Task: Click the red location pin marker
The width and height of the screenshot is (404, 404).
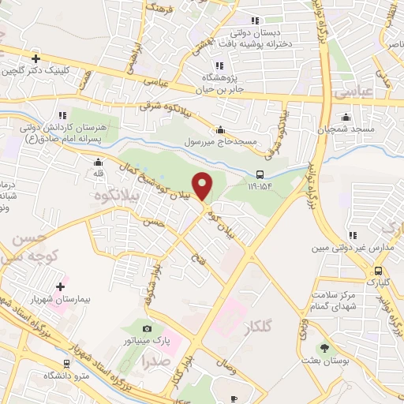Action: pyautogui.click(x=203, y=185)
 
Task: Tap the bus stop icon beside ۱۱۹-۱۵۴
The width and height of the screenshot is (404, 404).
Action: pyautogui.click(x=260, y=174)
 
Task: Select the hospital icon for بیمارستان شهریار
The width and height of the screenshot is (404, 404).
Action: pyautogui.click(x=61, y=286)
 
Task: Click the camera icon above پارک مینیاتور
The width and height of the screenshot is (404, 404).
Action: pyautogui.click(x=146, y=328)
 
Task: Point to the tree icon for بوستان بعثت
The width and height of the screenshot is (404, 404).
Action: pyautogui.click(x=324, y=349)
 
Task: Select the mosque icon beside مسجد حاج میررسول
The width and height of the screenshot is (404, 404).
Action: pyautogui.click(x=220, y=130)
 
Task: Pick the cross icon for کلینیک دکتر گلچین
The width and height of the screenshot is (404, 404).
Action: pyautogui.click(x=36, y=58)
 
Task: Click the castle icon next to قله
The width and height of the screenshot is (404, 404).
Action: pyautogui.click(x=98, y=163)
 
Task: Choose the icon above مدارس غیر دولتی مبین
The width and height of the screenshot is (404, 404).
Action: pyautogui.click(x=353, y=235)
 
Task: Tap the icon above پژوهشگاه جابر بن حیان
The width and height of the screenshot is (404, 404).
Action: pyautogui.click(x=219, y=65)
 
